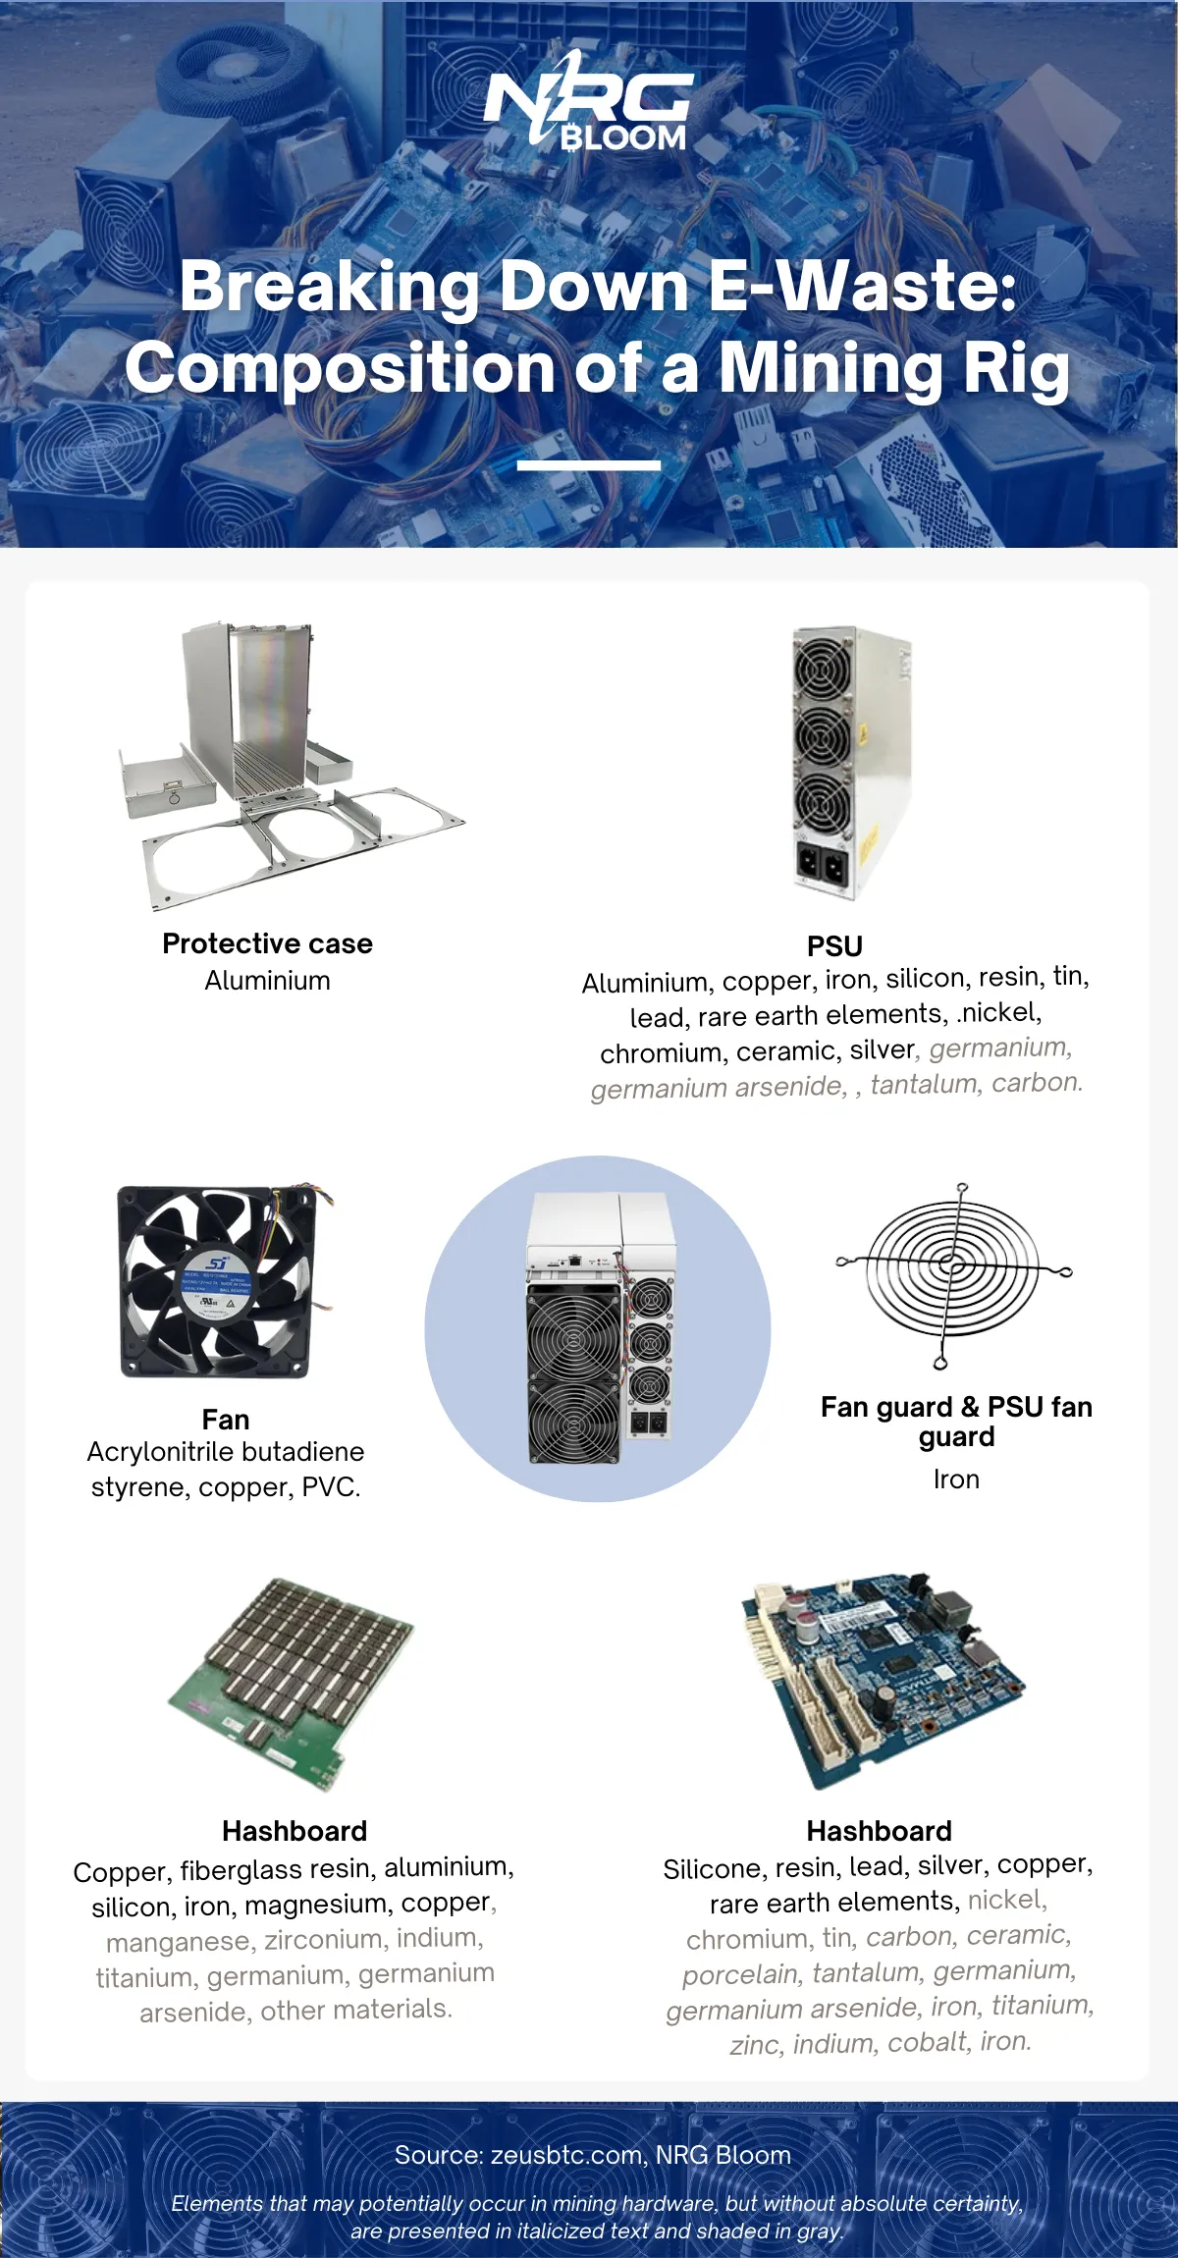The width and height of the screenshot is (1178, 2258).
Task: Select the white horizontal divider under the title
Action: pos(589,464)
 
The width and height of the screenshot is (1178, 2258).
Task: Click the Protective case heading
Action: pos(267,943)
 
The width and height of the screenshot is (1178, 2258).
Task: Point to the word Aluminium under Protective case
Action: pos(267,981)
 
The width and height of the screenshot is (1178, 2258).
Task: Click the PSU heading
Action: pos(834,946)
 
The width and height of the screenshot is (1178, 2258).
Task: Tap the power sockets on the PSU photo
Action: pos(822,865)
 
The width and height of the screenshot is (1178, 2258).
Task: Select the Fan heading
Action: pos(226,1420)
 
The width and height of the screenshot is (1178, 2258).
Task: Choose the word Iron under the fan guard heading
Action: pos(956,1479)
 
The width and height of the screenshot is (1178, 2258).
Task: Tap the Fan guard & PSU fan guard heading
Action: pos(956,1422)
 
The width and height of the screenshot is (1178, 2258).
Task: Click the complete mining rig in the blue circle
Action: pos(601,1327)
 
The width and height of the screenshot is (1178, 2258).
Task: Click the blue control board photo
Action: pos(883,1681)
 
